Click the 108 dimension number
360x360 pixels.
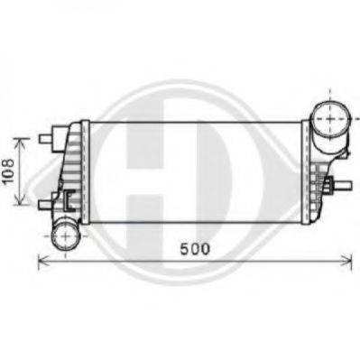(8, 171)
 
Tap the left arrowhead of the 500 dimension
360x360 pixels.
(42, 259)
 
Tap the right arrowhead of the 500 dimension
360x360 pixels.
(347, 259)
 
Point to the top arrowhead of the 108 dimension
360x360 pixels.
(21, 142)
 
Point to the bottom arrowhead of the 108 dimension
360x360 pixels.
(21, 202)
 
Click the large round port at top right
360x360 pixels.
(330, 119)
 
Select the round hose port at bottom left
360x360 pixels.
(66, 235)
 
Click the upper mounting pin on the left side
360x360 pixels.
(45, 138)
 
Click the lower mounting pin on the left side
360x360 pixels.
(45, 205)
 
